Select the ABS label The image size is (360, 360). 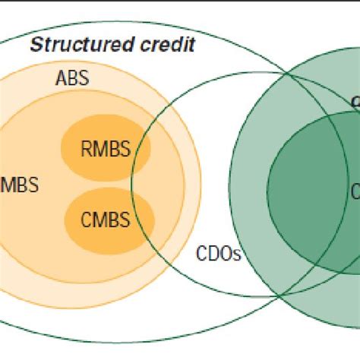coord(71,78)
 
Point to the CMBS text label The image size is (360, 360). coord(106,221)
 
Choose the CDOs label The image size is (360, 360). coord(219,253)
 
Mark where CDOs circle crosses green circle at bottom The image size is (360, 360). coord(279,295)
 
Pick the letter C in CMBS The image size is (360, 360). coord(87,221)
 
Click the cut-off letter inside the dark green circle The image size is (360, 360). coord(355,190)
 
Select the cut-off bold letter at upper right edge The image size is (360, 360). coord(355,101)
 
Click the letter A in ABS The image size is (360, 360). coord(61,78)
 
